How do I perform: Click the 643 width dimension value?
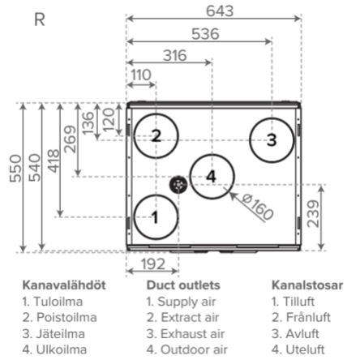(x=220, y=11)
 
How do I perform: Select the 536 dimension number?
(x=205, y=34)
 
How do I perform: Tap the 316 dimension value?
(x=175, y=55)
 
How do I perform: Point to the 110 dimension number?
(x=141, y=75)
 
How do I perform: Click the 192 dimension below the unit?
(x=153, y=264)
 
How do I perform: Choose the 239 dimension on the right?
(x=313, y=213)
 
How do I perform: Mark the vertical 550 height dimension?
(x=15, y=169)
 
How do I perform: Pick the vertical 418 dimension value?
(x=54, y=161)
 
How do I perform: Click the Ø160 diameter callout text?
(x=257, y=207)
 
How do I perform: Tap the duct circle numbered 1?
(x=135, y=217)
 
